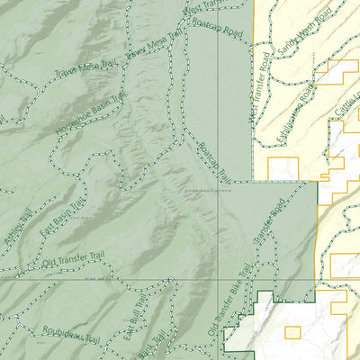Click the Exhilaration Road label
tap(298, 112)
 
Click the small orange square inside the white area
tap(292, 331)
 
